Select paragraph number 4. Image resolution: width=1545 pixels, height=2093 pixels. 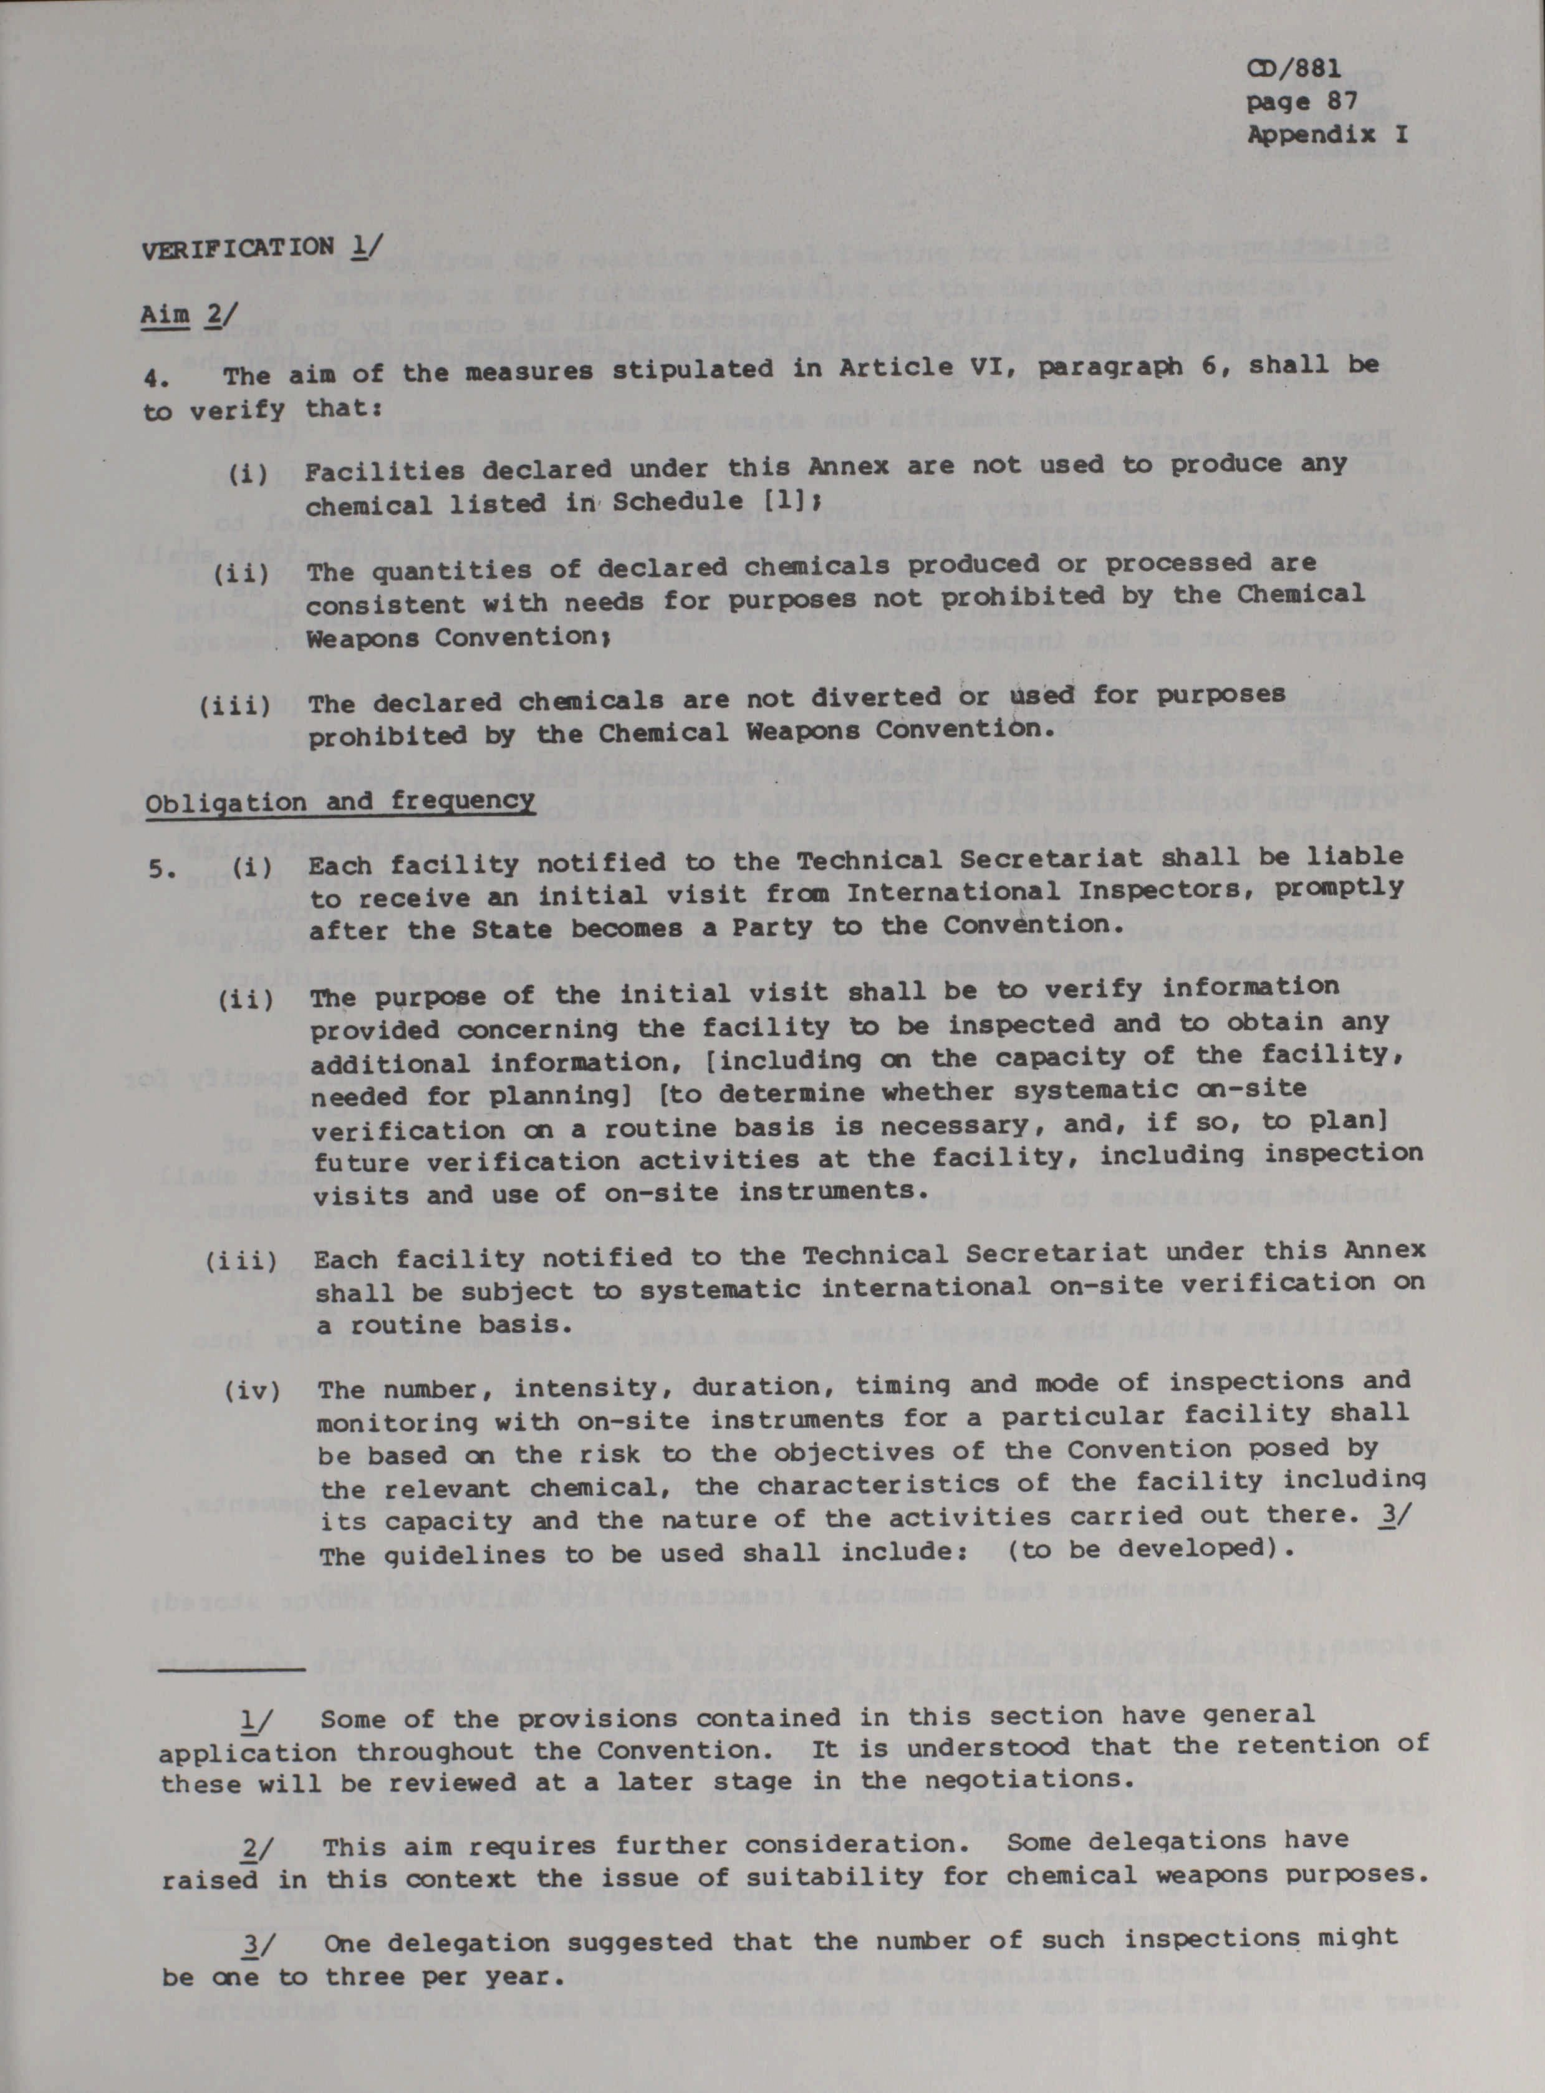click(x=156, y=378)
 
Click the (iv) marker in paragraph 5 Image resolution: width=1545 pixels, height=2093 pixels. click(x=253, y=1391)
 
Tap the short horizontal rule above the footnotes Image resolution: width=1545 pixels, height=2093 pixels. click(x=233, y=1668)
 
